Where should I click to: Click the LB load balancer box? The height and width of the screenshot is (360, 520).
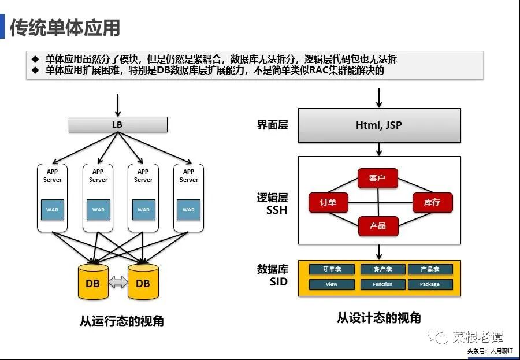pos(118,124)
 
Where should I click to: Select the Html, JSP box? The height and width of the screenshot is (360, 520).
pos(379,125)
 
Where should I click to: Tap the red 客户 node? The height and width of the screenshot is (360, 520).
pos(377,178)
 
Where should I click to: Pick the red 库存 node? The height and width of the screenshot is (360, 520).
pos(432,202)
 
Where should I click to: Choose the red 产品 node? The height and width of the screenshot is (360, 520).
pos(378,225)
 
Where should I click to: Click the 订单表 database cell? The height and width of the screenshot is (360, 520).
pos(332,269)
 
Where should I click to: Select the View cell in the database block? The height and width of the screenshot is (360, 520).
pos(332,284)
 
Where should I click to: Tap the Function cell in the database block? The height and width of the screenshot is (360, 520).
pos(382,284)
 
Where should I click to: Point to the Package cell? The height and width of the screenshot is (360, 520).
pos(430,284)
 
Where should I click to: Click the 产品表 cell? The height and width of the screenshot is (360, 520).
pos(430,269)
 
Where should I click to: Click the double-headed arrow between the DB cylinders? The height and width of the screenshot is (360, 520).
pos(118,283)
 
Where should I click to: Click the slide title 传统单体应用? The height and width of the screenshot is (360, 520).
pos(65,28)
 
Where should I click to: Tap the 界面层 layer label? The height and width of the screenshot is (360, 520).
pos(273,125)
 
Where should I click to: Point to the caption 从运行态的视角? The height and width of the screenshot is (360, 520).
pos(122,321)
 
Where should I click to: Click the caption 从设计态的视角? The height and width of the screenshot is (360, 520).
pos(379,318)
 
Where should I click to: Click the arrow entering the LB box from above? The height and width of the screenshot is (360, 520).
pos(118,105)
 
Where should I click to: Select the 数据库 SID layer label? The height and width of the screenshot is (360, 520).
pos(273,276)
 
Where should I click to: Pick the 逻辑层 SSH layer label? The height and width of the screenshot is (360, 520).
pos(273,203)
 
